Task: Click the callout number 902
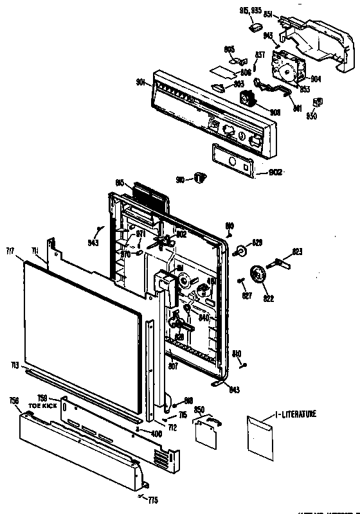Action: tap(274, 172)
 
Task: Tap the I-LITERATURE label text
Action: tap(296, 414)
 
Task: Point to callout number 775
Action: tap(152, 500)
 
